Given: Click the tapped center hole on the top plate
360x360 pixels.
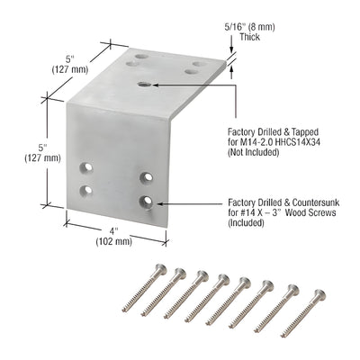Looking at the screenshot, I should (145, 84).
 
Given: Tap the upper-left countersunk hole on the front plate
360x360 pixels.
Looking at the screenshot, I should (88, 167).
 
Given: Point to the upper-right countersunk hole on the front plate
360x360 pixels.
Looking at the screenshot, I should (144, 177).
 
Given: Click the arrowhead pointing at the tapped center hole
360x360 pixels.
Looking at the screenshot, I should (156, 84).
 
